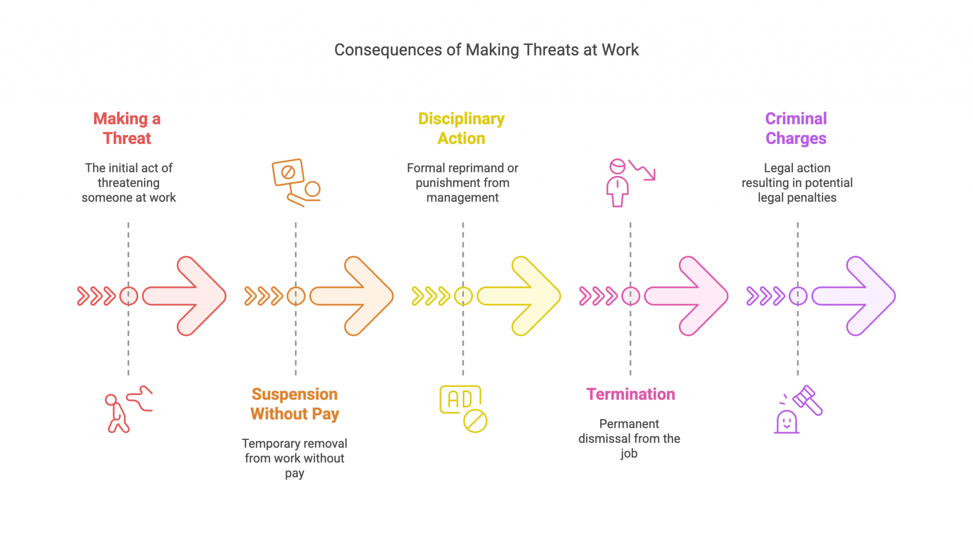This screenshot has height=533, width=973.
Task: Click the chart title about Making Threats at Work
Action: point(486,50)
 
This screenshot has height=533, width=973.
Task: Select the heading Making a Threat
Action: point(127,128)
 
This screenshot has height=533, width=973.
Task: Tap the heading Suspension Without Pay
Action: point(295,404)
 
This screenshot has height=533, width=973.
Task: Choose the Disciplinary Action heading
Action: point(461,128)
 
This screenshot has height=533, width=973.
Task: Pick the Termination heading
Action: point(630,394)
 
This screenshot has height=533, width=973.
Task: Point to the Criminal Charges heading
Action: point(796,128)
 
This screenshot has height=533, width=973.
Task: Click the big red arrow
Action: point(184,296)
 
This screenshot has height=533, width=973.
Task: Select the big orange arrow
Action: point(352,296)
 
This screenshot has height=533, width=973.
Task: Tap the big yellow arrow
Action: point(519,296)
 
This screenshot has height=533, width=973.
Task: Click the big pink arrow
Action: point(686,296)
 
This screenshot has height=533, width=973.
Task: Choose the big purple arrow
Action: point(854,296)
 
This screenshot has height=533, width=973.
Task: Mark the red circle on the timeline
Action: point(129,296)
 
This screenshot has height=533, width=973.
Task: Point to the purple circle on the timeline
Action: point(798,296)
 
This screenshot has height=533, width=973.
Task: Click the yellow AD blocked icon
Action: point(463,409)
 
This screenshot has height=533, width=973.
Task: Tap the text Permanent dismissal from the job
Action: point(629,438)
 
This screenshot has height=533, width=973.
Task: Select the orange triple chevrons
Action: point(264,296)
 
